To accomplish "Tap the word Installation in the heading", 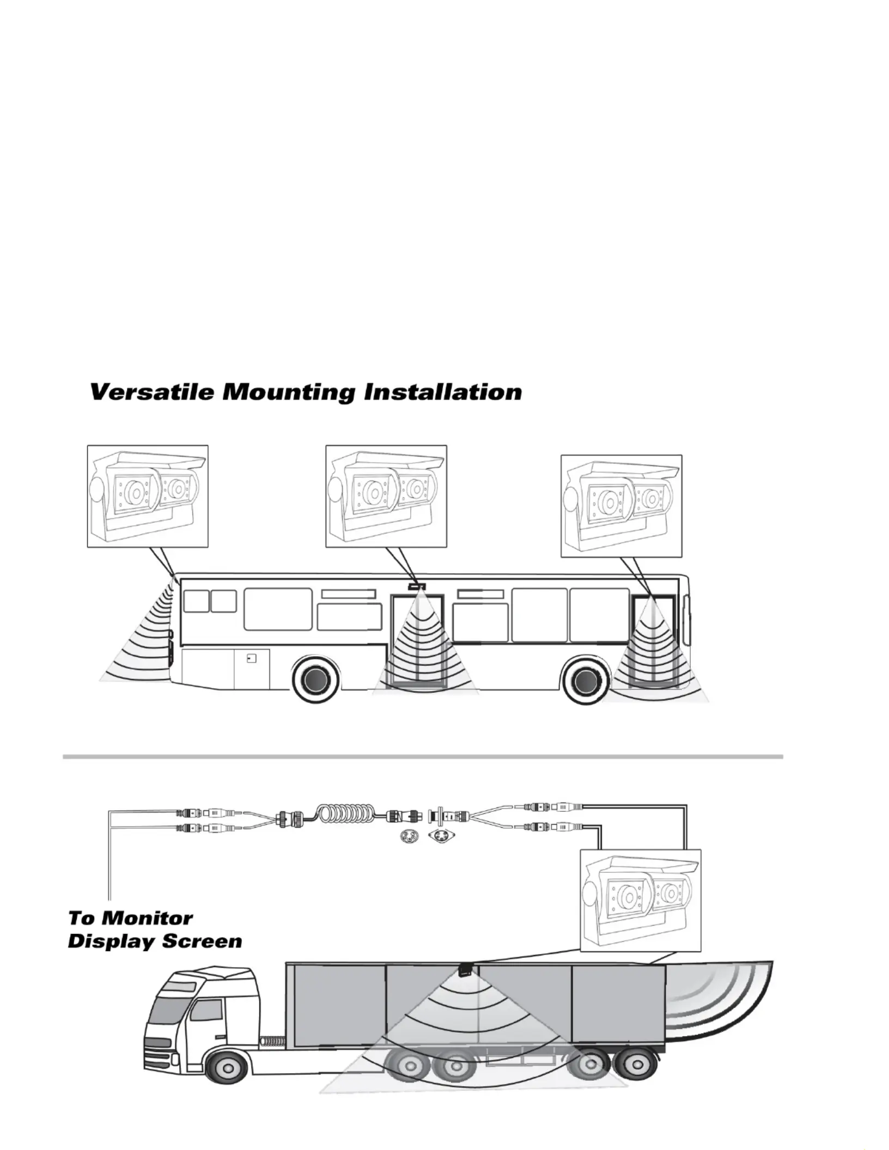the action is (x=442, y=392).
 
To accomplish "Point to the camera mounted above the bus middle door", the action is (x=417, y=586).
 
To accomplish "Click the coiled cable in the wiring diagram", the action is (x=347, y=818).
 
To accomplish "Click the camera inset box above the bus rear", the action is (x=148, y=496).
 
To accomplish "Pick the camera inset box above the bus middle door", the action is (x=386, y=496).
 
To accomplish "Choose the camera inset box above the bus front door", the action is (x=622, y=506).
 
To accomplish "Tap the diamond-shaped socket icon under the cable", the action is (x=442, y=835).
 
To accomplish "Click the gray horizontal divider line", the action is (x=423, y=757).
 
